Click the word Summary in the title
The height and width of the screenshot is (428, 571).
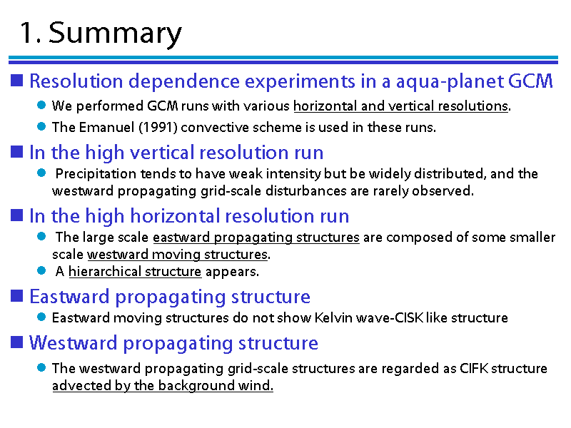pos(115,34)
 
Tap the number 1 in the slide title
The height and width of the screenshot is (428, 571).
pos(26,33)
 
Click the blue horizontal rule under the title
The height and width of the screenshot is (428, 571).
pos(283,60)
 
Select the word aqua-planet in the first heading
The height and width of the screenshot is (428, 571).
pos(450,81)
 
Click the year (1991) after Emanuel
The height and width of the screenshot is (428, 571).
pos(158,128)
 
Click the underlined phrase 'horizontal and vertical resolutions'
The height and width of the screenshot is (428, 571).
pos(400,106)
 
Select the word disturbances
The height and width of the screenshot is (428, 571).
pos(306,190)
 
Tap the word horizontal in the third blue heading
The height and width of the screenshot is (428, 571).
pos(176,216)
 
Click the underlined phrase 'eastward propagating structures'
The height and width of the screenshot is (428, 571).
pos(256,238)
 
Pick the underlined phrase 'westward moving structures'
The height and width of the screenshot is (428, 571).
pos(178,255)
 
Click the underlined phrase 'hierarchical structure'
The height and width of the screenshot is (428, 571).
pos(135,272)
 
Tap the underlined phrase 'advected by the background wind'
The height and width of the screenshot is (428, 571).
pos(163,385)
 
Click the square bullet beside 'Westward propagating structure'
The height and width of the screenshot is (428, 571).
pos(16,342)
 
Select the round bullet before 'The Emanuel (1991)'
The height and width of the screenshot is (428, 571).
pos(41,127)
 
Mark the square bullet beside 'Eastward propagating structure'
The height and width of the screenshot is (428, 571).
pos(16,296)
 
